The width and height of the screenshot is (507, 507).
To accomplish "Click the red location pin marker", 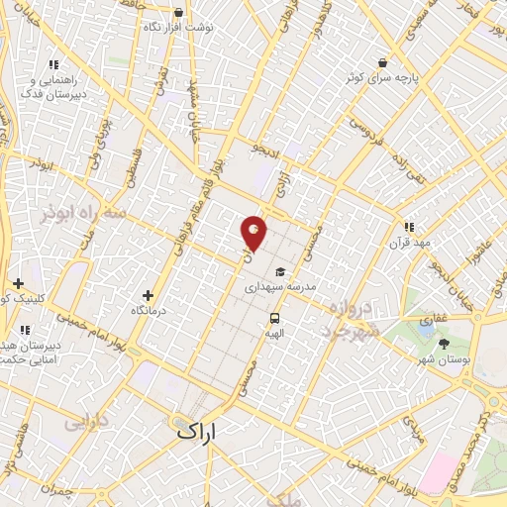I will (x=254, y=233).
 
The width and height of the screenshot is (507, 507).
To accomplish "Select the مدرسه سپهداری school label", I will (x=280, y=285).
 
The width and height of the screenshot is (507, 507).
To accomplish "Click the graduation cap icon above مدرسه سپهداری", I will (x=280, y=270).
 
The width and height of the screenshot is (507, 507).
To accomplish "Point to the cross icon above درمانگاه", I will (x=148, y=295).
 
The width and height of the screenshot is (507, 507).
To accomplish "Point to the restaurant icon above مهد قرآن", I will (x=409, y=227).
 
